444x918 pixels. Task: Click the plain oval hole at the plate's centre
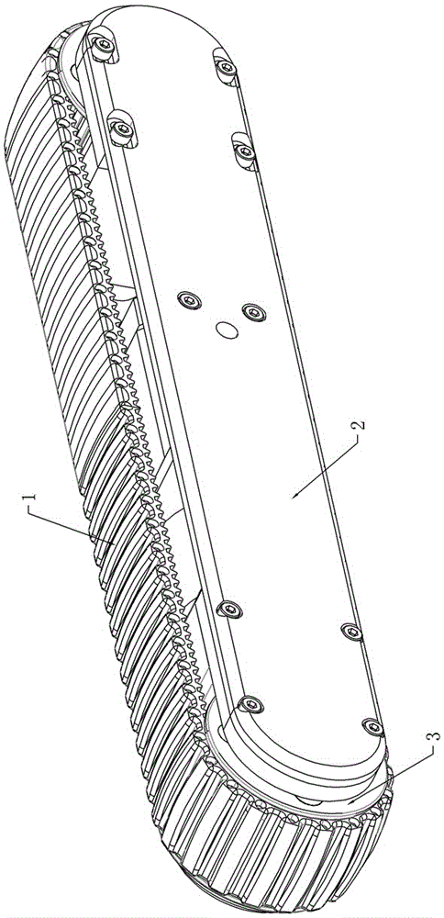pos(227,330)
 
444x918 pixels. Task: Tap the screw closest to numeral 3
pos(373,726)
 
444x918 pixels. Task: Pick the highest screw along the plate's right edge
pos(226,68)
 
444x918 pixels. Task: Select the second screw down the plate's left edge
pos(122,128)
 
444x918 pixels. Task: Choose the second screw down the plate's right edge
pos(245,152)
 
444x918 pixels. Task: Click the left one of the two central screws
pos(190,300)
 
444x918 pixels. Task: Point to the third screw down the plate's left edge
pos(232,610)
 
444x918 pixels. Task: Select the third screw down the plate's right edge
pos(351,632)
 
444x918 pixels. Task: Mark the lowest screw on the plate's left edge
pos(252,704)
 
